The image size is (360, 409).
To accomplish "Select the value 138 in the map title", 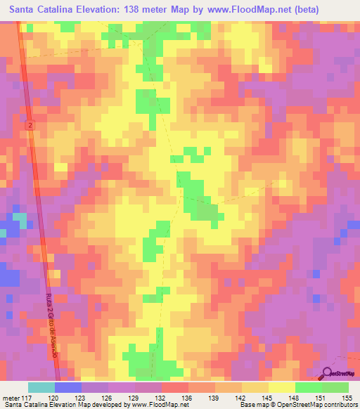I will tap(140, 10).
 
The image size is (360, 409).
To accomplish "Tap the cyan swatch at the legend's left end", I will tap(41, 387).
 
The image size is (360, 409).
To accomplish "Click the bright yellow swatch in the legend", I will tap(281, 387).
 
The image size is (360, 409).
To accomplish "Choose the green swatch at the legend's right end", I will tap(335, 387).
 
